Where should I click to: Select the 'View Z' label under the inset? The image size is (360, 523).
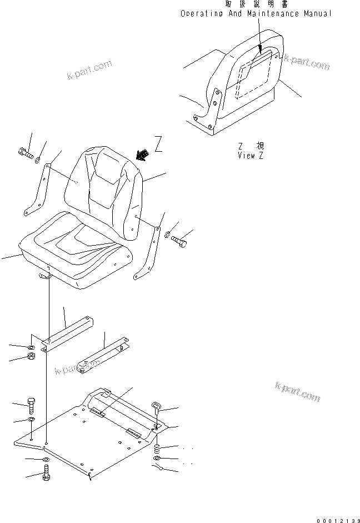250,156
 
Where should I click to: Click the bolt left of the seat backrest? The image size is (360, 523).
24,153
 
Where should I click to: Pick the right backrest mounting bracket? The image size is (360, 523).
149,253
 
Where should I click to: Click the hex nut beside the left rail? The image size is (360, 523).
32,356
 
